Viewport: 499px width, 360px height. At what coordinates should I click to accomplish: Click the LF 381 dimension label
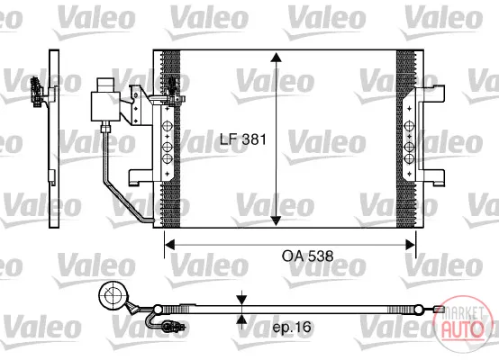coord(243,139)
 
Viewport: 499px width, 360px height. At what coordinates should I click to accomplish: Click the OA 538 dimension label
coord(307,256)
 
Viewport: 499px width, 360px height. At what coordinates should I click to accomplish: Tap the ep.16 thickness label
coord(292,327)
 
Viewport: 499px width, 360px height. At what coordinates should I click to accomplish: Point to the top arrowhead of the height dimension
coord(276,57)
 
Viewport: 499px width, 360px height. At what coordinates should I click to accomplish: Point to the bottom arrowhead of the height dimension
coord(276,220)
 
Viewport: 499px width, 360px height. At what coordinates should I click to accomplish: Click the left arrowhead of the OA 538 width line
coord(170,245)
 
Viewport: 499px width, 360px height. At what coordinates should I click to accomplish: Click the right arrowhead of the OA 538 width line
coord(410,245)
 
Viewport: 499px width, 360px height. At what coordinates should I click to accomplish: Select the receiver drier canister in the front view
coord(105,100)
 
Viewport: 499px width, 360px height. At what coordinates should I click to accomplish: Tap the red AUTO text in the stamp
coord(461,328)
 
